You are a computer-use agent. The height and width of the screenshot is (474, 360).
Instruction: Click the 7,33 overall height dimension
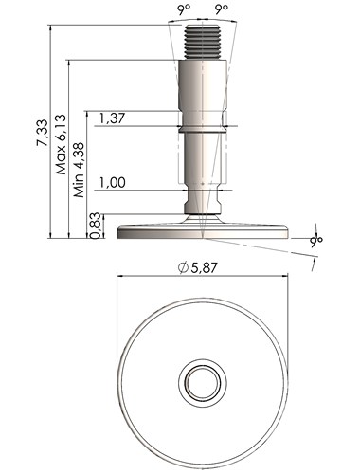[x=43, y=133]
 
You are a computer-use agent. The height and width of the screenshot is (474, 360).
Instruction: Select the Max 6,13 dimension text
[x=61, y=144]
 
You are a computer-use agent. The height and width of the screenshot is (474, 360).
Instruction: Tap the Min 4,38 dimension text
[x=79, y=170]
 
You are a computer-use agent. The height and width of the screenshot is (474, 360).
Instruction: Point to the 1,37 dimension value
[x=112, y=118]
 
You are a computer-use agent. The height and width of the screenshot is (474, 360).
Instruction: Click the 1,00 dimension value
[x=113, y=183]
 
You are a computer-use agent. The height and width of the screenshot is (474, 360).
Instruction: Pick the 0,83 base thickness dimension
[x=96, y=226]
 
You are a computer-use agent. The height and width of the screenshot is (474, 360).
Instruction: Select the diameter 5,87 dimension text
[x=198, y=268]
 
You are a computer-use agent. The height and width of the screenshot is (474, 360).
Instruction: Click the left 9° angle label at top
[x=185, y=9]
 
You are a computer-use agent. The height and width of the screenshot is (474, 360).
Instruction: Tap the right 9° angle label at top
[x=222, y=9]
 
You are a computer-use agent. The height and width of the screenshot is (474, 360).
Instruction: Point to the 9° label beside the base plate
[x=316, y=241]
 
